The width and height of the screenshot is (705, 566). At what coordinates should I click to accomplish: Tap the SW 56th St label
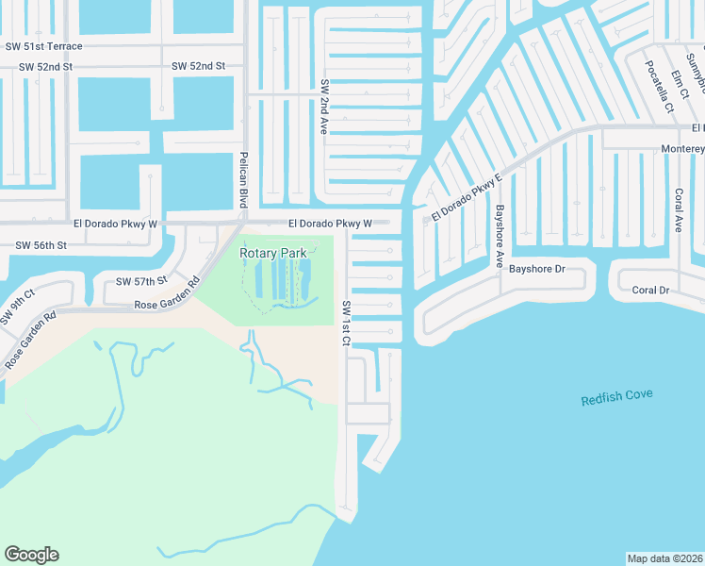click(41, 245)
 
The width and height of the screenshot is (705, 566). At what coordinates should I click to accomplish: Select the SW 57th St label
click(141, 281)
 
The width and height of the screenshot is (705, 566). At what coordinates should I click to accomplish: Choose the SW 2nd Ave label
click(322, 106)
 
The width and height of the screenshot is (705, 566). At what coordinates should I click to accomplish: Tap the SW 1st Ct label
click(346, 323)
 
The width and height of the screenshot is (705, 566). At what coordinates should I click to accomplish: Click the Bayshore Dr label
click(536, 269)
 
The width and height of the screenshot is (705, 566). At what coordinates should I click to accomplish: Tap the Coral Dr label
click(650, 291)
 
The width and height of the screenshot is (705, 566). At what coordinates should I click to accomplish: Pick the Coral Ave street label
click(678, 209)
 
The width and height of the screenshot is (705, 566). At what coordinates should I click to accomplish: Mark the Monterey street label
click(682, 149)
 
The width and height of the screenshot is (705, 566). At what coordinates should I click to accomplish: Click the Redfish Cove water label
click(616, 397)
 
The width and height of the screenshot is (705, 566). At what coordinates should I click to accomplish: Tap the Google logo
click(31, 555)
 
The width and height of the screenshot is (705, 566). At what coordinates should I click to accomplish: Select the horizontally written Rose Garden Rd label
click(166, 305)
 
